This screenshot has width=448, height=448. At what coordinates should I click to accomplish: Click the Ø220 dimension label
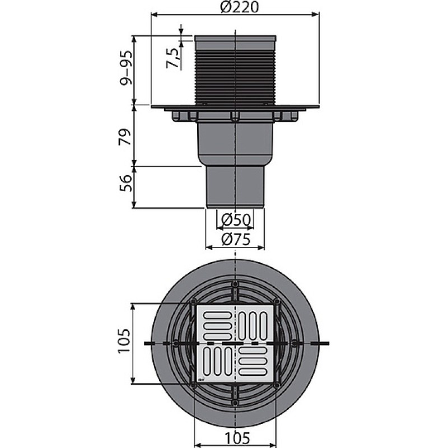pos(240,7)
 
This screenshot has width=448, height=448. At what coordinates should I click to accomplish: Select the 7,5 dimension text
pos(173,58)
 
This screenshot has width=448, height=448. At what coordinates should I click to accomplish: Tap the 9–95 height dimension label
pos(126,68)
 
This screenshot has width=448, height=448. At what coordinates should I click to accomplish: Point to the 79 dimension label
pos(125,137)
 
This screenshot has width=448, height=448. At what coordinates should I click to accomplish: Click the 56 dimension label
pos(125,183)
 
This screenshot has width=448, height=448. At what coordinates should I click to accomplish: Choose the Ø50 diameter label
pos(236,220)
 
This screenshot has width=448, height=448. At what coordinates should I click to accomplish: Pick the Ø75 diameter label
pos(236,239)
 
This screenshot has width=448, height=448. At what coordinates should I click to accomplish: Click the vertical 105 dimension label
pos(125,342)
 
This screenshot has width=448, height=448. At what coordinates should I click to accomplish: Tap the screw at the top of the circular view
pos(235,284)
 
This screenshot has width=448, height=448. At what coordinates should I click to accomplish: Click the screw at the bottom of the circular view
pos(235,402)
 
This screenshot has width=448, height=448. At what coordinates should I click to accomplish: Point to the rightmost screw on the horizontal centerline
pos(295,343)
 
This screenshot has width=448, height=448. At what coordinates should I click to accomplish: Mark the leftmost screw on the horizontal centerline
pos(176,343)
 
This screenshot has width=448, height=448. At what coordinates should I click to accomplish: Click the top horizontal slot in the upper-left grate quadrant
pos(217,315)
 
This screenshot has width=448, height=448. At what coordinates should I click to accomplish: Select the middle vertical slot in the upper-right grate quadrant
pos(253,326)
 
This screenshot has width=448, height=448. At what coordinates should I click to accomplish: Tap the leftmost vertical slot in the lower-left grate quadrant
pos(207,361)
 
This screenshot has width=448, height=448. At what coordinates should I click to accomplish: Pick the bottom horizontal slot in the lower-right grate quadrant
pos(253,372)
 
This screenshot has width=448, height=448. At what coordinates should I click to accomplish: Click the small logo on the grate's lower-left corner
pos(201,380)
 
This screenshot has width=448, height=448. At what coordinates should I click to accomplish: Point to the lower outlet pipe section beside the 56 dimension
pos(235,187)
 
